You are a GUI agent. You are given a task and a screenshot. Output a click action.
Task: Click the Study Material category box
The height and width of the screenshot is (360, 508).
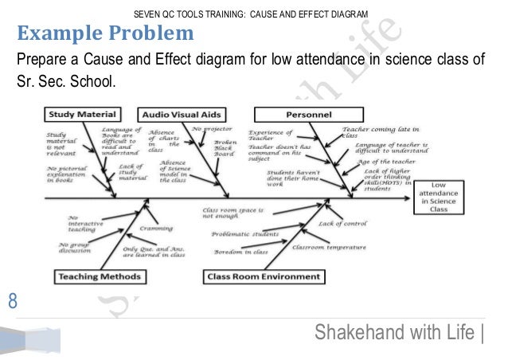[x=81, y=113]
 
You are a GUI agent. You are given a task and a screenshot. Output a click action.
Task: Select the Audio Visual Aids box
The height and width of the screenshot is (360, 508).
[x=180, y=113]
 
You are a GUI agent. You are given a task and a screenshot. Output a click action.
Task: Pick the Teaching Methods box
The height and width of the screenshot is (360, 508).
[x=99, y=277]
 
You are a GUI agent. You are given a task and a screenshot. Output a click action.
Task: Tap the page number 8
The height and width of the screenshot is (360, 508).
[x=12, y=301]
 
